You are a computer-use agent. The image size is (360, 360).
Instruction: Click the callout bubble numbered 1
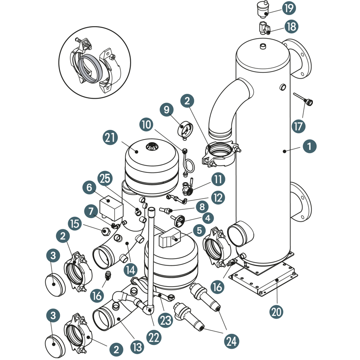(309, 145)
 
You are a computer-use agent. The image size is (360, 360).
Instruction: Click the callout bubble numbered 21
(110, 137)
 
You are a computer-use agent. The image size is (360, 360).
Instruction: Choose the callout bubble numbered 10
(148, 123)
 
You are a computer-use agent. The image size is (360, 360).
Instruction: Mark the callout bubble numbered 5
(198, 230)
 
